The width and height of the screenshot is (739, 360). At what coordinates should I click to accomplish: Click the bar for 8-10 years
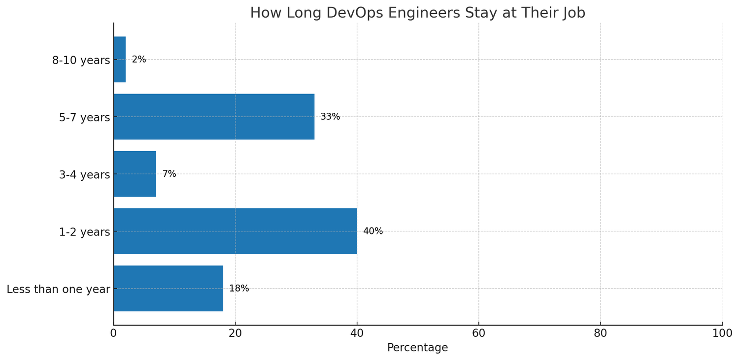(x=120, y=60)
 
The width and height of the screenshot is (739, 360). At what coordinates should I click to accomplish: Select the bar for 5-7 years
(x=214, y=117)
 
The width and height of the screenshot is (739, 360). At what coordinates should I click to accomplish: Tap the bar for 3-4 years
(x=135, y=174)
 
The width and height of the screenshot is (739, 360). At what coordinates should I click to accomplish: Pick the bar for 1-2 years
(x=235, y=231)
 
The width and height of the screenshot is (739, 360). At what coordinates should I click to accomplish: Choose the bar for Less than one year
(x=168, y=289)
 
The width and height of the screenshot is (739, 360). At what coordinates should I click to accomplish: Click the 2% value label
(x=139, y=60)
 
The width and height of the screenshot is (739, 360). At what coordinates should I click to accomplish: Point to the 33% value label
(x=330, y=117)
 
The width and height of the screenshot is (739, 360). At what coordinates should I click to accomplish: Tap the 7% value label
(x=169, y=174)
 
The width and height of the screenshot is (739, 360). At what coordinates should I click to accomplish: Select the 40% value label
(x=373, y=231)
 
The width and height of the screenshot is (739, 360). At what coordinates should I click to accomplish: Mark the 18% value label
(x=239, y=289)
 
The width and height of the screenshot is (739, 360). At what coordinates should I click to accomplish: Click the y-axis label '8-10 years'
(x=81, y=61)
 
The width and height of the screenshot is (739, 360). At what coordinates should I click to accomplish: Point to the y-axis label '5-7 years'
(x=84, y=118)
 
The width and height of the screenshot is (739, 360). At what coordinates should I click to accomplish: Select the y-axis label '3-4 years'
(x=84, y=175)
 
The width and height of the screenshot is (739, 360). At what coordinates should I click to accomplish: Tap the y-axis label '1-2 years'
(x=84, y=232)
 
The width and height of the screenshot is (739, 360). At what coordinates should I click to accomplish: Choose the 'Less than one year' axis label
(x=58, y=290)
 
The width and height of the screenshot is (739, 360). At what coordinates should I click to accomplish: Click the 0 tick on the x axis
(x=114, y=333)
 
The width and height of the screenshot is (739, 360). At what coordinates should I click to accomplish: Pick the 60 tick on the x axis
(x=478, y=333)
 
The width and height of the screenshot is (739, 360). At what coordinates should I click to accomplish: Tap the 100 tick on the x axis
(x=722, y=333)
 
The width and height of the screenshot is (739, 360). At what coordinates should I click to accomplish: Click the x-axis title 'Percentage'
(x=417, y=348)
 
